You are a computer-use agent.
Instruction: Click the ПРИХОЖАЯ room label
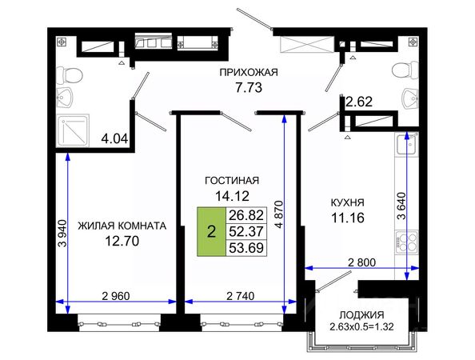click(x=249, y=73)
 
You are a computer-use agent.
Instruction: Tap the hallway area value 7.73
click(x=249, y=88)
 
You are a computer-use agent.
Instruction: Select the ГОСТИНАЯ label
click(x=232, y=181)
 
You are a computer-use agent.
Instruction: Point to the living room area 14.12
click(x=232, y=196)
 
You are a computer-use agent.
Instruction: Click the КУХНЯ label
click(x=347, y=202)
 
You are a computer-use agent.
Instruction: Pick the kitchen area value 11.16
click(x=347, y=218)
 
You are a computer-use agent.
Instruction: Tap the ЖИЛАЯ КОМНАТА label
click(x=122, y=226)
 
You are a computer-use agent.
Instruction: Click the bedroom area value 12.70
click(x=122, y=242)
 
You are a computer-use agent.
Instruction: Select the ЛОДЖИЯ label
click(x=361, y=315)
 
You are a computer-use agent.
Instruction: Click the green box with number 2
click(x=211, y=232)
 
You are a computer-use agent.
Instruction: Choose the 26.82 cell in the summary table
click(x=246, y=215)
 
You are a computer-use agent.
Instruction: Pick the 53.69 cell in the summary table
click(x=246, y=248)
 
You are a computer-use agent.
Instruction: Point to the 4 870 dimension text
click(x=279, y=214)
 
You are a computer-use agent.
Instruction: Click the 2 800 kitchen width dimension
click(x=361, y=262)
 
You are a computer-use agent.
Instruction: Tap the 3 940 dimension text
click(x=62, y=233)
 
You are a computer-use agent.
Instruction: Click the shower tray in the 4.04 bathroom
click(x=73, y=130)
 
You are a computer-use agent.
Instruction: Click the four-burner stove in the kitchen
click(x=407, y=242)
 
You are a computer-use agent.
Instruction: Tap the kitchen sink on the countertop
click(x=406, y=145)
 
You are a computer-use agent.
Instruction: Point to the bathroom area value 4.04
click(x=114, y=139)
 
